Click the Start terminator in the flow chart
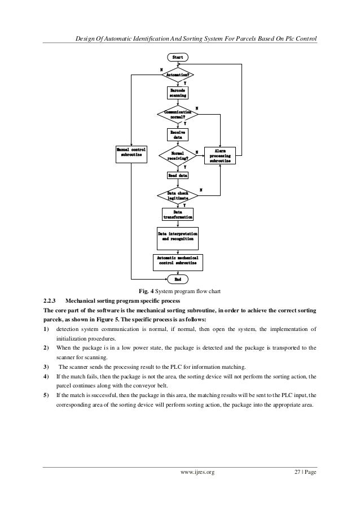click(178, 58)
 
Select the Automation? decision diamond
click(178, 74)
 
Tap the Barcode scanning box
click(178, 93)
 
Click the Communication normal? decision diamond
click(178, 115)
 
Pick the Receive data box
click(178, 134)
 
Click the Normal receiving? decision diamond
click(178, 156)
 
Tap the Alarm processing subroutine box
click(219, 156)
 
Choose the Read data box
click(178, 176)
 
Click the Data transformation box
click(178, 215)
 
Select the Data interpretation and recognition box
click(178, 237)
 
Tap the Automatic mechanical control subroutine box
click(178, 261)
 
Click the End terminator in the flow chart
click(178, 279)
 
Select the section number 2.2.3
click(51, 300)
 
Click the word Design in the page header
click(86, 39)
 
